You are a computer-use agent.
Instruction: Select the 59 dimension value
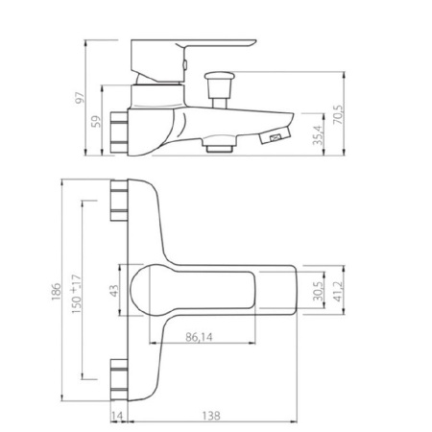pyautogui.click(x=96, y=122)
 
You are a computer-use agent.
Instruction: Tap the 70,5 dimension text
pyautogui.click(x=338, y=115)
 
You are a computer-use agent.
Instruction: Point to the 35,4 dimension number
pyautogui.click(x=318, y=135)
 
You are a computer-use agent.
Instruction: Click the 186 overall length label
pyautogui.click(x=57, y=292)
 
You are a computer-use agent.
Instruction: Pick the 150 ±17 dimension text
pyautogui.click(x=76, y=294)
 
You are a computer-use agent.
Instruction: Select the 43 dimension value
pyautogui.click(x=114, y=291)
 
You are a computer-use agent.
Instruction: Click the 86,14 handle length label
pyautogui.click(x=199, y=337)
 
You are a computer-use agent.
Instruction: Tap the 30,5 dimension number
pyautogui.click(x=318, y=292)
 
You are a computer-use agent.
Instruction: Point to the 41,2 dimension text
pyautogui.click(x=338, y=292)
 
